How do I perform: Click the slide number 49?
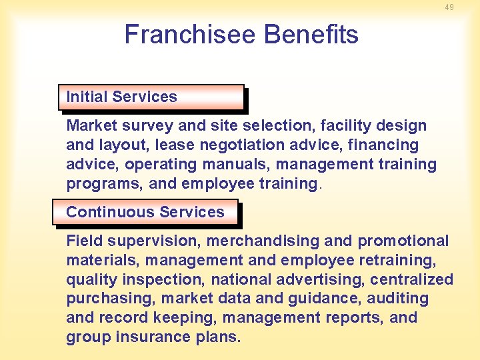449,7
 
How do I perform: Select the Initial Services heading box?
151,97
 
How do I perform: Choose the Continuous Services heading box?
145,212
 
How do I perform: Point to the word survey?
142,125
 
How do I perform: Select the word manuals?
244,164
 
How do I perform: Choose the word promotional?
403,241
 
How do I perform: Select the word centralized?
411,279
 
